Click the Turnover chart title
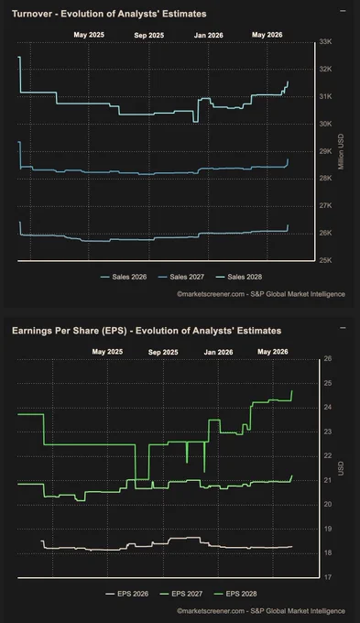coord(109,14)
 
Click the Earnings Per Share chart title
coord(147,331)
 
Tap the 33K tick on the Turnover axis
coord(325,42)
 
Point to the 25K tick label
coord(325,260)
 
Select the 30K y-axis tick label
coord(325,124)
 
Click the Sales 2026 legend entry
coord(124,277)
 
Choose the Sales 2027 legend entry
coord(181,277)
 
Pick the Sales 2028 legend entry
coord(239,277)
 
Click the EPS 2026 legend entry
coord(127,594)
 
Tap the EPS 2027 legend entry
coord(181,594)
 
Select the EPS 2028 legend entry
coord(235,594)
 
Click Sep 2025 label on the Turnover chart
coord(149,36)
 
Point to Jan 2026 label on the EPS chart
coord(219,352)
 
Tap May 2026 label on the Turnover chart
coord(267,35)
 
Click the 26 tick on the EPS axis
coord(328,358)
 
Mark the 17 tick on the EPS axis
coord(328,577)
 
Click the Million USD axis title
coord(341,151)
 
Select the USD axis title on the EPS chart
coord(341,468)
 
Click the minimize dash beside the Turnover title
coord(343,11)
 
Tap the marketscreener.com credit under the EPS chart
coord(261,611)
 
